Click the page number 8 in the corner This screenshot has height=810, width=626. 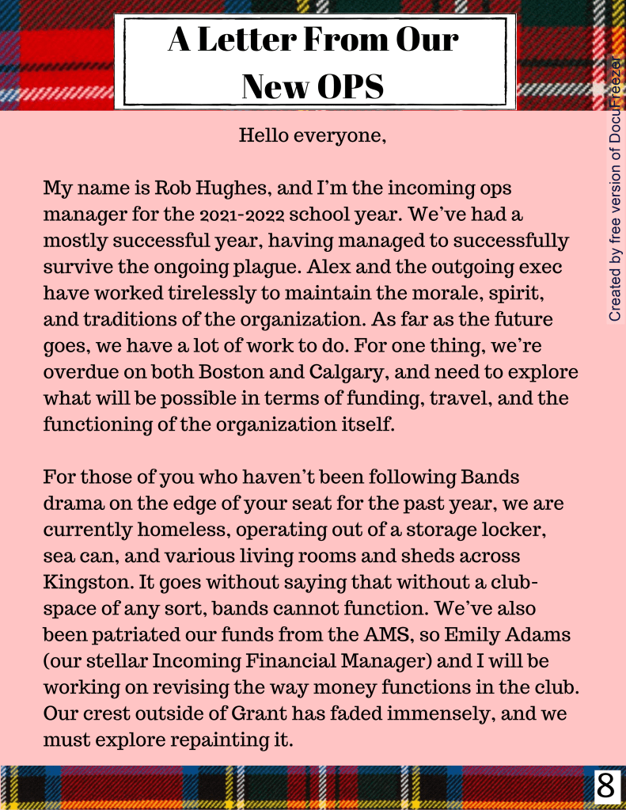(605, 787)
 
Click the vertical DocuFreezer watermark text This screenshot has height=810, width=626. (615, 190)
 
